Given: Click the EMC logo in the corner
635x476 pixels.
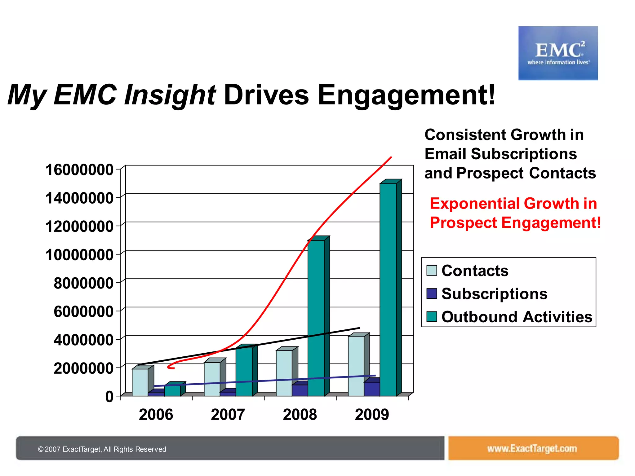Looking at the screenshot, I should point(558,53).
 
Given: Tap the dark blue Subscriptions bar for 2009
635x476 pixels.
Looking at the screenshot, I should point(372,389).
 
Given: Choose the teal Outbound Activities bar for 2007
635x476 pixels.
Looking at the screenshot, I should point(244,372).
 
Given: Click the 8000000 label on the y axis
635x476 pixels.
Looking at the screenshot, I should point(83,283).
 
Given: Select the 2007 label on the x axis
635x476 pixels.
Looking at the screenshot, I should point(228,415).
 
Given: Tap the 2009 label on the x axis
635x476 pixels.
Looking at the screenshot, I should point(372,415).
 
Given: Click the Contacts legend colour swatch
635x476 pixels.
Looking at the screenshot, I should point(432,271).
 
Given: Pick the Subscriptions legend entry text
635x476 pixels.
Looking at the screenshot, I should point(494,294).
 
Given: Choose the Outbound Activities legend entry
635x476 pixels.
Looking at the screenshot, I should point(517,317).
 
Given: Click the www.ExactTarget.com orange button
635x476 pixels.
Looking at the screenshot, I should point(533,448).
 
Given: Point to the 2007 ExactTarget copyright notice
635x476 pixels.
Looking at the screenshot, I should point(102,449).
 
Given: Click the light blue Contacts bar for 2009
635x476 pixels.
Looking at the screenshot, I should point(356,366).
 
